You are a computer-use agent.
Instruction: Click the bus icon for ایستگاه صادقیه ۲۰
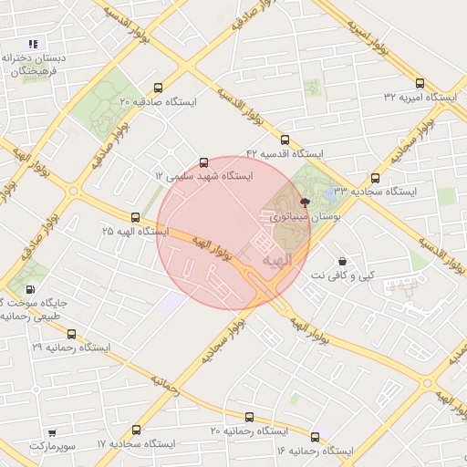pyautogui.click(x=160, y=88)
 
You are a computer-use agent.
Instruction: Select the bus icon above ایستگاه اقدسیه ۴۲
pyautogui.click(x=285, y=140)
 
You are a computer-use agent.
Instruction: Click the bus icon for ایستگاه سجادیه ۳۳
pyautogui.click(x=375, y=179)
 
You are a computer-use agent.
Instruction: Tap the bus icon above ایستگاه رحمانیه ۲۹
pyautogui.click(x=71, y=335)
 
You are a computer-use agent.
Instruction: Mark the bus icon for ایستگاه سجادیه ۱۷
pyautogui.click(x=137, y=430)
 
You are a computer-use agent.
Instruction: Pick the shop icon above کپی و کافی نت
pyautogui.click(x=342, y=260)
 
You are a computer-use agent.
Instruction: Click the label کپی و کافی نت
pyautogui.click(x=343, y=275)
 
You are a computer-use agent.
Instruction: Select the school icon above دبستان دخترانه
pyautogui.click(x=34, y=43)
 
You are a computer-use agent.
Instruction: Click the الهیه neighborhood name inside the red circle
pyautogui.click(x=275, y=261)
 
